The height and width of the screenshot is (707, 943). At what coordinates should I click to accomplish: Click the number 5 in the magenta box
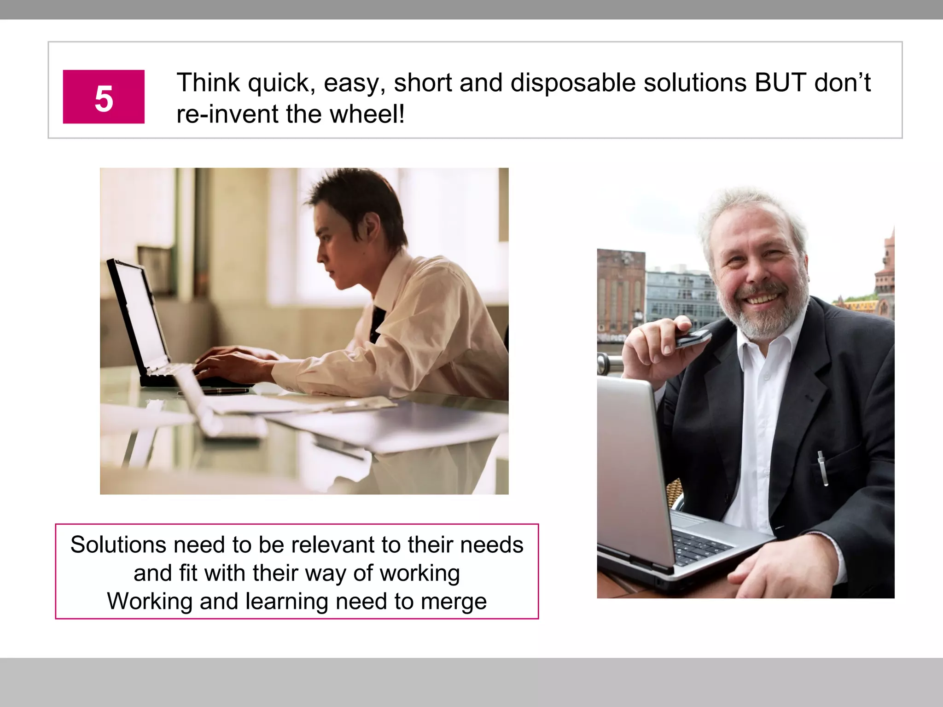104,98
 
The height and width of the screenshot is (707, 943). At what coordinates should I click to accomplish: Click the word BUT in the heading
780,83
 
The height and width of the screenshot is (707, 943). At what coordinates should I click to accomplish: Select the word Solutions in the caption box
118,545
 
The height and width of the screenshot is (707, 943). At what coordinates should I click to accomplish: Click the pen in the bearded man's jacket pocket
823,467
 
